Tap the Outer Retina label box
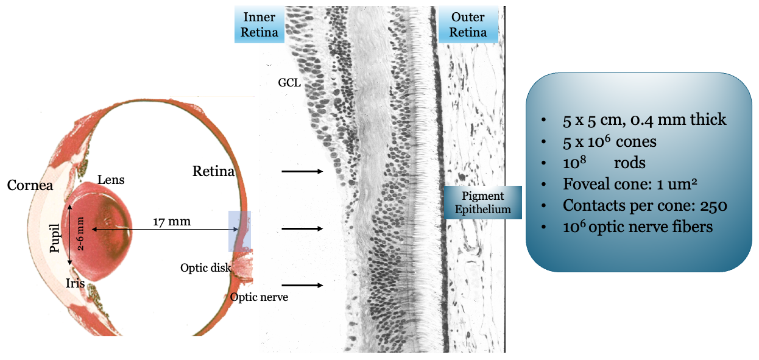tap(468, 25)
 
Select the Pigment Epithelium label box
tap(483, 203)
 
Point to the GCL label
tap(289, 83)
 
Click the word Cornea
tap(30, 185)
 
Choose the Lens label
tap(111, 179)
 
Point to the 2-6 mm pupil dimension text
tap(80, 235)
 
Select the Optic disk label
tap(205, 267)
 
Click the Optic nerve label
tap(259, 297)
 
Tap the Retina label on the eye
tap(213, 171)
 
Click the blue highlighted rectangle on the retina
tap(239, 231)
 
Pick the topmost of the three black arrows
tap(302, 172)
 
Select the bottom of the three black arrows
tap(302, 285)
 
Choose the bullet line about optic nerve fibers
tap(637, 227)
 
